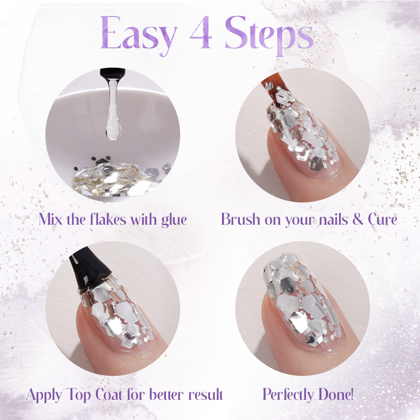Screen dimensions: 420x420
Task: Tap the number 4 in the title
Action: click(201, 33)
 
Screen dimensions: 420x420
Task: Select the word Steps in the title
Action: click(269, 35)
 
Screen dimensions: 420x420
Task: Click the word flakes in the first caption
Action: click(108, 219)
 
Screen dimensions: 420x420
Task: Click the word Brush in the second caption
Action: click(240, 219)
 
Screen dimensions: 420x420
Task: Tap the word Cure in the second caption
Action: click(383, 219)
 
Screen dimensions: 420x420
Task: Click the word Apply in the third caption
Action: click(44, 395)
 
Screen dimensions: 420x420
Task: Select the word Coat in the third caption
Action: click(109, 394)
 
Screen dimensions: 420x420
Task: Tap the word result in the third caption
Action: click(205, 394)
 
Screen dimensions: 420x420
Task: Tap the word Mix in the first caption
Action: click(50, 219)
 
